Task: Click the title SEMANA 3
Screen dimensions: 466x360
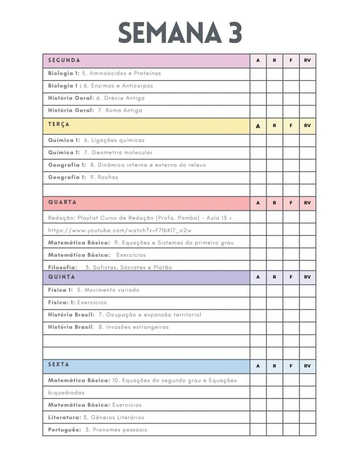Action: point(180,33)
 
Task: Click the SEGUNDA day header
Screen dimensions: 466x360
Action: point(64,60)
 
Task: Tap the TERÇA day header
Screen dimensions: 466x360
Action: point(59,124)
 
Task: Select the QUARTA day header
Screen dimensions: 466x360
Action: point(62,202)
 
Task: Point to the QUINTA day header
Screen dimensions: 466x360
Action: point(62,277)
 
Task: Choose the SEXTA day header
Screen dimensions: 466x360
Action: point(59,365)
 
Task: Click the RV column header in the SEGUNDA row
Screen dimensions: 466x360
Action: point(307,60)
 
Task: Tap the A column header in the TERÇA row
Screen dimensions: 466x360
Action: point(258,126)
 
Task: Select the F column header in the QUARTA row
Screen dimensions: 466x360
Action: point(291,203)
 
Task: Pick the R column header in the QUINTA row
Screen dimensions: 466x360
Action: point(274,277)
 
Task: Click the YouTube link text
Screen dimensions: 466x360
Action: point(120,230)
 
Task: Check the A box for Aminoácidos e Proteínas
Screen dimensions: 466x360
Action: point(258,74)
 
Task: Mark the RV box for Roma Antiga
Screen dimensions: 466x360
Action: point(307,111)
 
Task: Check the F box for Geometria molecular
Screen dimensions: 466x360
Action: point(291,153)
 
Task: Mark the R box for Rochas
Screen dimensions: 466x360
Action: point(274,178)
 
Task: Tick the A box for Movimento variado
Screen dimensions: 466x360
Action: point(258,290)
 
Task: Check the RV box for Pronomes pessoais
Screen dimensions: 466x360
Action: point(307,429)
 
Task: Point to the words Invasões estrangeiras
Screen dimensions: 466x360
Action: point(137,327)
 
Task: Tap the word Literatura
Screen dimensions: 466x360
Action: point(64,417)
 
